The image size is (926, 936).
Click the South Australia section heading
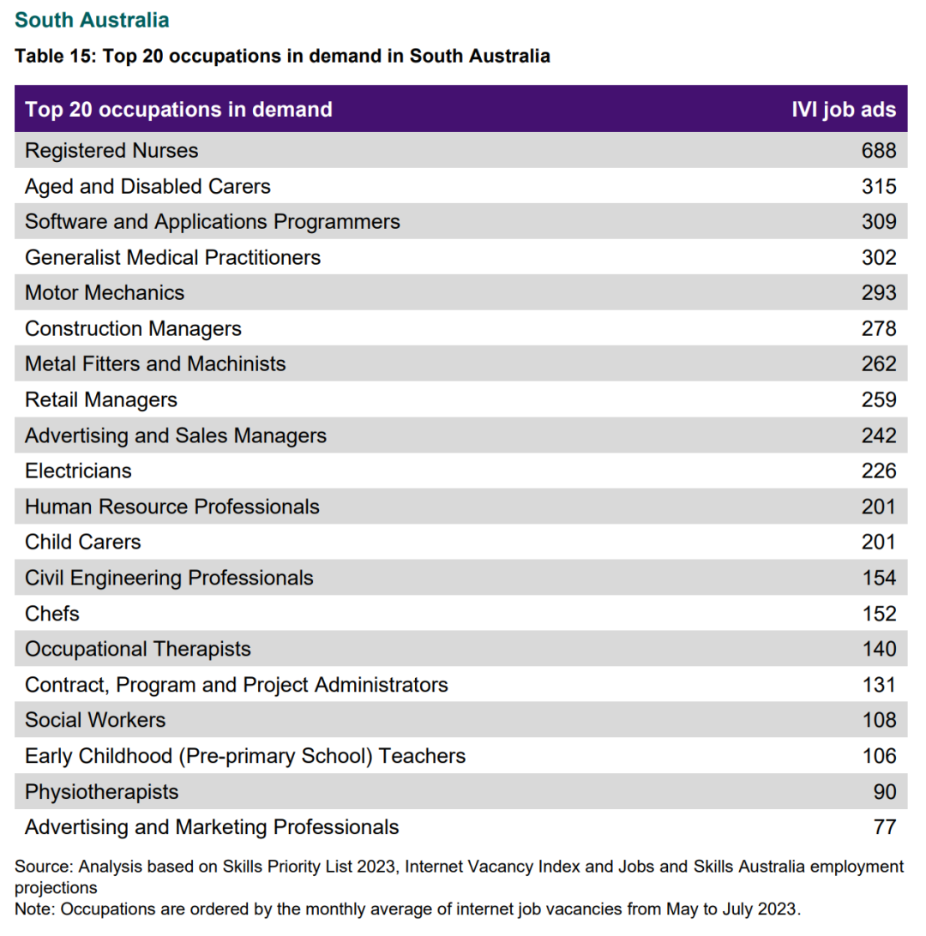pyautogui.click(x=92, y=20)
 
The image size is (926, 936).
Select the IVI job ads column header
pyautogui.click(x=844, y=109)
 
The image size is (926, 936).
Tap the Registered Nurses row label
pyautogui.click(x=111, y=151)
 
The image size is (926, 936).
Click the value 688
pyautogui.click(x=879, y=151)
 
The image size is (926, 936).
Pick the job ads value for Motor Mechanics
pyautogui.click(x=879, y=292)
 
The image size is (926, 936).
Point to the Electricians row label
pyautogui.click(x=78, y=471)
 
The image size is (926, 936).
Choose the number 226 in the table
pyautogui.click(x=879, y=471)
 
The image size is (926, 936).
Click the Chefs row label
pyautogui.click(x=52, y=613)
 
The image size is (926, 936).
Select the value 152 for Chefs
pyautogui.click(x=880, y=613)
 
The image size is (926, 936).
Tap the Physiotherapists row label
pyautogui.click(x=101, y=791)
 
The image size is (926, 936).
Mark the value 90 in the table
pyautogui.click(x=885, y=791)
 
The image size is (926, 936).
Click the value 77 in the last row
pyautogui.click(x=885, y=827)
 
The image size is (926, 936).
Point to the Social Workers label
pyautogui.click(x=95, y=720)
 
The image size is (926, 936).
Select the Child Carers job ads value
pyautogui.click(x=879, y=542)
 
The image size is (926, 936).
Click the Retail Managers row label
pyautogui.click(x=101, y=399)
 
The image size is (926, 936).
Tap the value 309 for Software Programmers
pyautogui.click(x=879, y=221)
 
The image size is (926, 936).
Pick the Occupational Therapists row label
pyautogui.click(x=138, y=649)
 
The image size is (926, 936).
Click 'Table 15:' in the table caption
pyautogui.click(x=56, y=56)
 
